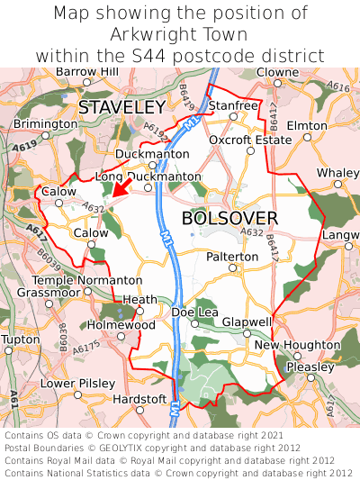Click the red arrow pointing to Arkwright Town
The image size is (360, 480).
(x=121, y=186)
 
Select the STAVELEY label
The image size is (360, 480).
(x=121, y=107)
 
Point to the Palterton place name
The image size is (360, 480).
(x=232, y=257)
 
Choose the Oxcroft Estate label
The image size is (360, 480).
(x=250, y=140)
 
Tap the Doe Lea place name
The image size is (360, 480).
(x=195, y=312)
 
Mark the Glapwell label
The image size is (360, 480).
(x=247, y=322)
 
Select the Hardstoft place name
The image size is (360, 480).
(x=139, y=399)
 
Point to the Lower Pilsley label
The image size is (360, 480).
(x=78, y=383)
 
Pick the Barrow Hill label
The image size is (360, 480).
(x=86, y=71)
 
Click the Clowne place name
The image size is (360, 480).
(x=277, y=71)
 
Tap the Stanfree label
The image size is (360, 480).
(x=233, y=105)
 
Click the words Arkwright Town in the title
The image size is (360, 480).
(x=180, y=34)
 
